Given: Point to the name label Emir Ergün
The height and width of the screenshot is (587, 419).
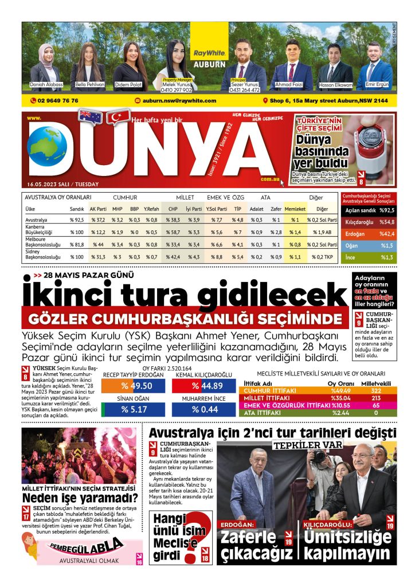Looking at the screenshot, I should coord(378,84).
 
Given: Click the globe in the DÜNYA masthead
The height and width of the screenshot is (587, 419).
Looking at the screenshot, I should coord(47,147).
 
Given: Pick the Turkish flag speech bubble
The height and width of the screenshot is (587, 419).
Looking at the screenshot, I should coord(119,116).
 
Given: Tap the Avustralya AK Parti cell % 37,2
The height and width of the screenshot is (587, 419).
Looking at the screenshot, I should coord(98,220).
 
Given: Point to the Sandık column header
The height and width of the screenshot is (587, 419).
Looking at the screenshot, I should coord(77,209).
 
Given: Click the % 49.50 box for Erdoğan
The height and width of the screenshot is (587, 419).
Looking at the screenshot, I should coord(132,386).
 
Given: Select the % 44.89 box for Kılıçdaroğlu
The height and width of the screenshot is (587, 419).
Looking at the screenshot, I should coord(203,386).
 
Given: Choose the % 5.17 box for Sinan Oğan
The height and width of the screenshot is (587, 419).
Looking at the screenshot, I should coord(132,409).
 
